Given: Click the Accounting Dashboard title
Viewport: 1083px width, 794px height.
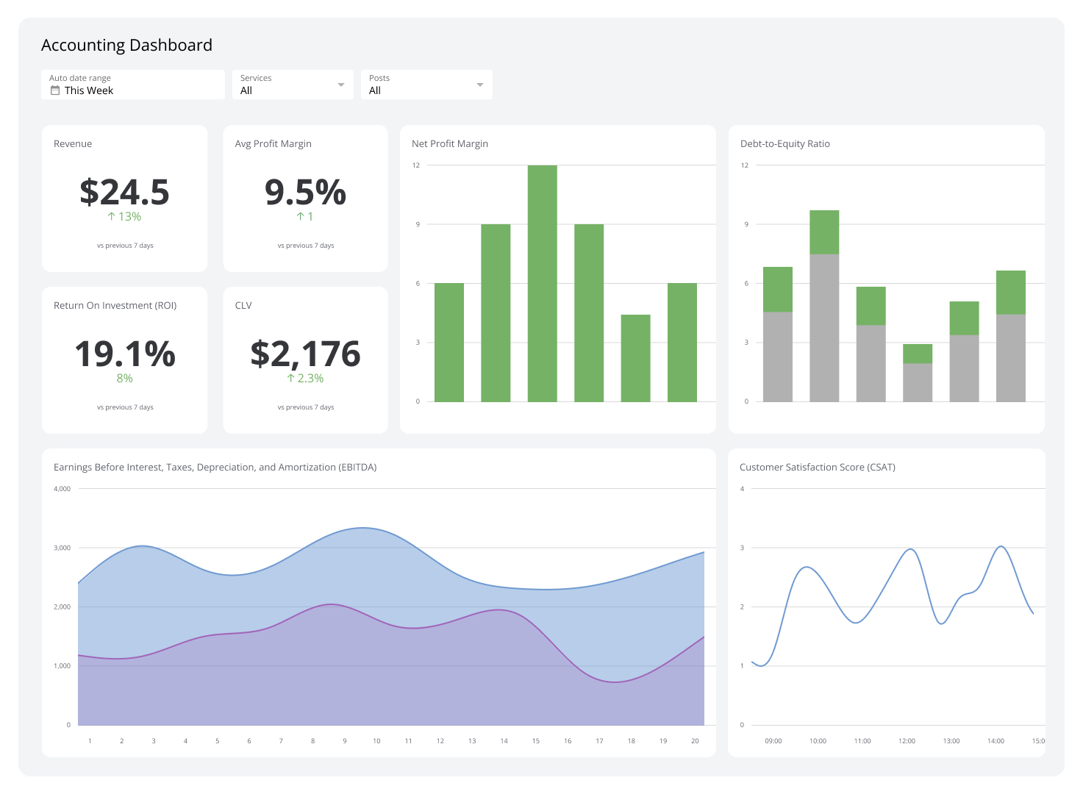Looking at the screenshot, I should (x=126, y=46).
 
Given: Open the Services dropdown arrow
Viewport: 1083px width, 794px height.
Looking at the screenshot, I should (x=341, y=85).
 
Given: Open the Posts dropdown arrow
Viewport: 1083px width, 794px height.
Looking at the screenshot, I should (x=480, y=85).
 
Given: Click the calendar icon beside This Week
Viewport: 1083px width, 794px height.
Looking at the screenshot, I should (x=54, y=90).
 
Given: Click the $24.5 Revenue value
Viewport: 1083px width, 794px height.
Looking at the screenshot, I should (x=124, y=192).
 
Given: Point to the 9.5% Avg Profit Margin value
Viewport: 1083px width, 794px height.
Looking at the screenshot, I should (x=305, y=192).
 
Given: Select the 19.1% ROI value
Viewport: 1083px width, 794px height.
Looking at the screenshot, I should (x=125, y=354).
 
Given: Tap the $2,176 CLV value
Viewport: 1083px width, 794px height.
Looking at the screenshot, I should (x=305, y=354).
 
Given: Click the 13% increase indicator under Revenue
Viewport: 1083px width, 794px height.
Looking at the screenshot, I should (x=124, y=217).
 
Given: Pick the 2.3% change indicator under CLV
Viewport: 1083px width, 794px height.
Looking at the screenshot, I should (x=305, y=379).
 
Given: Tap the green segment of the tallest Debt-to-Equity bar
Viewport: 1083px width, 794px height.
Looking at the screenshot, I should (x=824, y=232).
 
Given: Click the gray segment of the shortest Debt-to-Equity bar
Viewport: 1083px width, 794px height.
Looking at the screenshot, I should (x=917, y=382).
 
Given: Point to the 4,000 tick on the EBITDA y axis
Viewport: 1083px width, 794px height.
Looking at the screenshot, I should (x=62, y=489).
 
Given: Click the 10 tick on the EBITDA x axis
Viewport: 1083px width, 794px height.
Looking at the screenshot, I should (x=376, y=741).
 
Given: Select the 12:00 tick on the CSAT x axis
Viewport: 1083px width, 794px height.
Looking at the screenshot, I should (x=907, y=741).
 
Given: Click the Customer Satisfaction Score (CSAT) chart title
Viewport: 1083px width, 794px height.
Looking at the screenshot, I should (x=817, y=468).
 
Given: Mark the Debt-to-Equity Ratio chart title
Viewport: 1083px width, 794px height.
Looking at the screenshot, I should (x=784, y=144).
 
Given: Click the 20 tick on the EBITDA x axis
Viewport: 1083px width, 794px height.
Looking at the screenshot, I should (x=695, y=741).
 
